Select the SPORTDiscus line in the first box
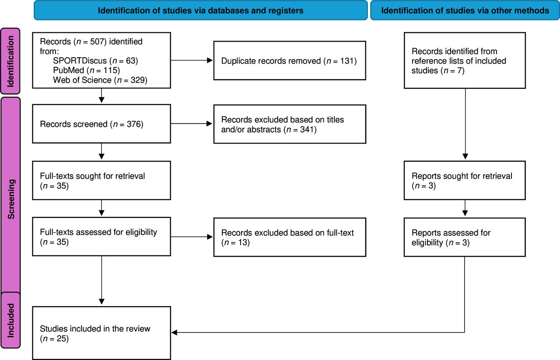[x=95, y=61]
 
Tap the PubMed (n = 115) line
[x=87, y=70]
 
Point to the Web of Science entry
[x=100, y=80]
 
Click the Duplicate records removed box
[x=290, y=60]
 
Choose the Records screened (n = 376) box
[x=101, y=124]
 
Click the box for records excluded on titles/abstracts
[x=290, y=124]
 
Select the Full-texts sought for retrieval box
[x=101, y=180]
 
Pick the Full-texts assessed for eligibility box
[x=101, y=237]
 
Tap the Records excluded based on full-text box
[x=290, y=237]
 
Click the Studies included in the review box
[x=101, y=333]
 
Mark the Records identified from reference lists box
[x=465, y=60]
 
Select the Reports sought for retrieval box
[x=465, y=180]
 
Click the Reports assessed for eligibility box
[x=465, y=237]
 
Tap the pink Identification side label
[x=10, y=61]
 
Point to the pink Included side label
[x=10, y=320]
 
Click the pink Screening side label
[x=10, y=195]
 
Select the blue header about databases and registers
[x=200, y=10]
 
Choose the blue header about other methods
[x=465, y=10]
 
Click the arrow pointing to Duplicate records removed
[x=192, y=60]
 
